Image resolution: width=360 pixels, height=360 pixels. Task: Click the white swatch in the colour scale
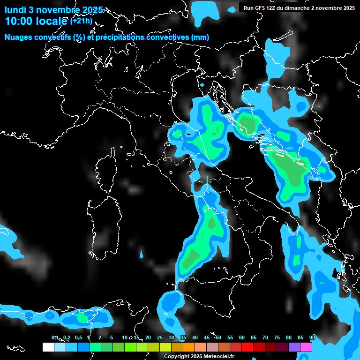point(48,347)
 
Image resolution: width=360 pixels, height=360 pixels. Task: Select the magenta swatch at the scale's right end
point(306,347)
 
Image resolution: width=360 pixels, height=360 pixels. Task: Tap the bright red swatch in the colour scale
point(247,347)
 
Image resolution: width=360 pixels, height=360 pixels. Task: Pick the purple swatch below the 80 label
point(294,347)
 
